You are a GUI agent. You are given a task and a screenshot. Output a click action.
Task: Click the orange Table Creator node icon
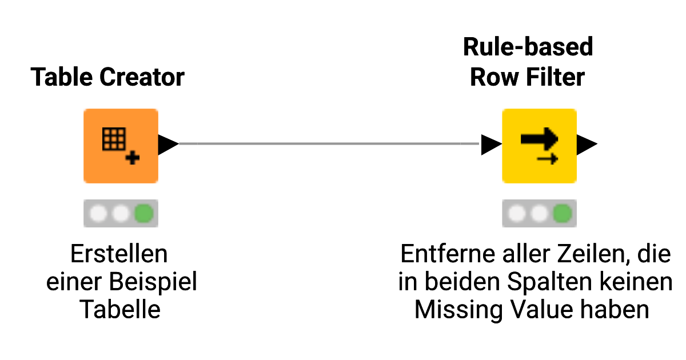click(121, 146)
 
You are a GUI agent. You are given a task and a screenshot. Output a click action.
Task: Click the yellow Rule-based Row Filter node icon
click(539, 146)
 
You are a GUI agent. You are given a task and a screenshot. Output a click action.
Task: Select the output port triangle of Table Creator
click(167, 145)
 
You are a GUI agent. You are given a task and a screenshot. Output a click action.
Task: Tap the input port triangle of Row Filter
click(490, 145)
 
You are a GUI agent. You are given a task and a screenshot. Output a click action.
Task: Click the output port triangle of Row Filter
click(587, 145)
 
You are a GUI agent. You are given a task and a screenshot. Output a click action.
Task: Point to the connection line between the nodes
click(329, 144)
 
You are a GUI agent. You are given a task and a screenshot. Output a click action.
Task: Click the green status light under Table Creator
click(143, 214)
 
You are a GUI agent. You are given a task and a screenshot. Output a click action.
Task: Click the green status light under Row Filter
click(563, 214)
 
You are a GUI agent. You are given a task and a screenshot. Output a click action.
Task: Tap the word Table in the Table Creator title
click(59, 77)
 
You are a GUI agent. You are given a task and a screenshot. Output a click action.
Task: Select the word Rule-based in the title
click(528, 47)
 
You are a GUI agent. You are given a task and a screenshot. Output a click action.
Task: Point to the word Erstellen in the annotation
click(119, 254)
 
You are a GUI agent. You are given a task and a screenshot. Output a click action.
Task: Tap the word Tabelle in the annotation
click(120, 310)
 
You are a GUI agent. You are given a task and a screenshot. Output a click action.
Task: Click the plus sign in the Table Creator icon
click(133, 158)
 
